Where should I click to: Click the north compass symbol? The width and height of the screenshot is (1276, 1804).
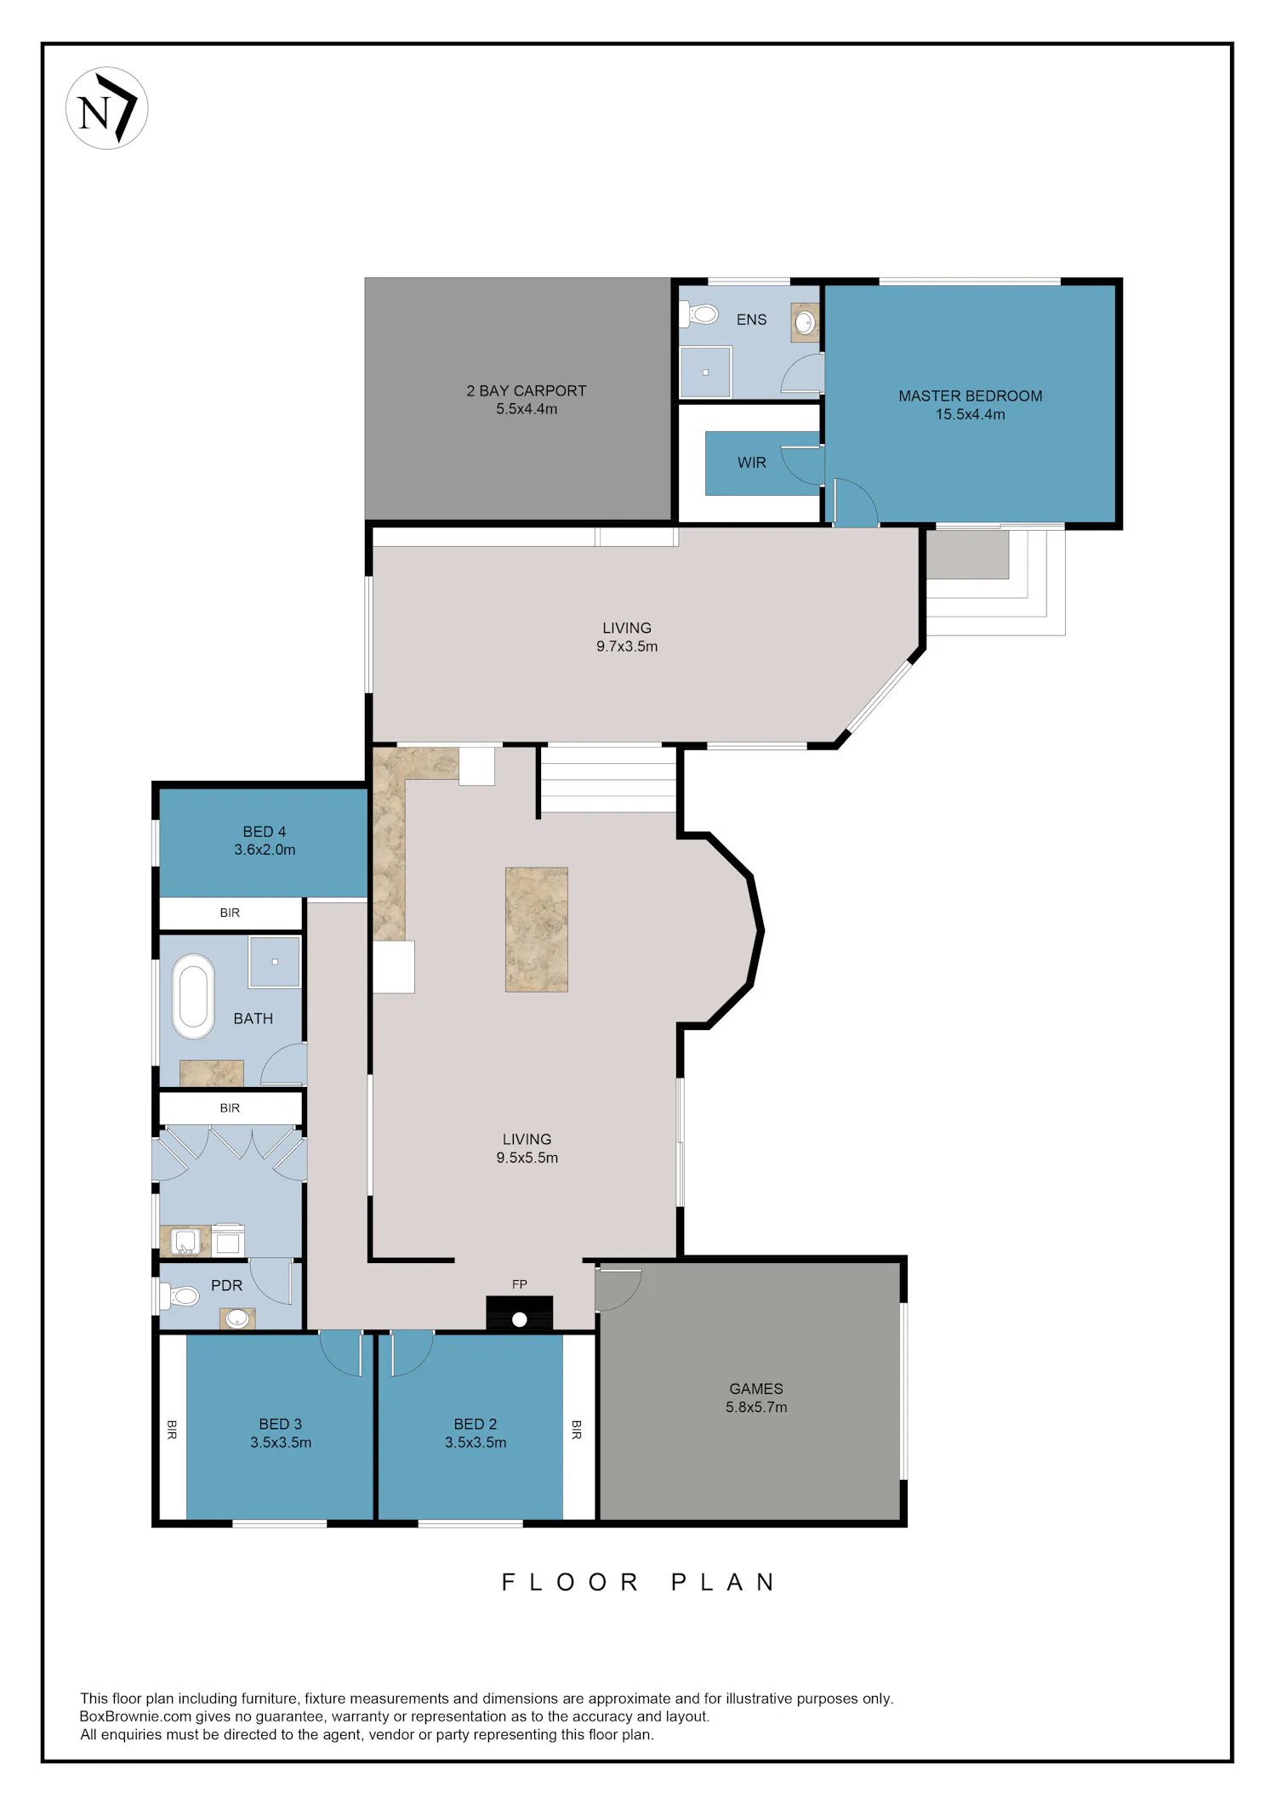coord(107,109)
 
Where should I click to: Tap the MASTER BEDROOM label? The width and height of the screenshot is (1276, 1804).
coord(971,396)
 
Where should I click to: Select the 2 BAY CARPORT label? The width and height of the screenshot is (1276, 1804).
coord(527,391)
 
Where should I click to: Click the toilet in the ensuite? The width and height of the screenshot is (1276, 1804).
coord(699,315)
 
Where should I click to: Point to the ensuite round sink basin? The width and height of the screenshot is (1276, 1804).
coord(805,322)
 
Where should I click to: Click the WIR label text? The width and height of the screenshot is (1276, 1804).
coord(752,463)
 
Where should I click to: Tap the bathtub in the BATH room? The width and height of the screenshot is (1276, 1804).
coord(194,997)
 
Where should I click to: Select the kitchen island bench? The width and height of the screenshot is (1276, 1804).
coord(537,930)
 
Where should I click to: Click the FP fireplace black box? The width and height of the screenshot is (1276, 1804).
coord(520,1313)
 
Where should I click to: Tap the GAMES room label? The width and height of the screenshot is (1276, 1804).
coord(756,1389)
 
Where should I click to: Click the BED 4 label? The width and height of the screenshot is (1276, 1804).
coord(265,832)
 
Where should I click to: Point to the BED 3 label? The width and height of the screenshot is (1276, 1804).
coord(281,1424)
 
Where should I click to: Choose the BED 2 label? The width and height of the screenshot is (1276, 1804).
coord(476,1424)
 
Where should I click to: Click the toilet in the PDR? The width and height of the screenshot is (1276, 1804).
coord(180,1296)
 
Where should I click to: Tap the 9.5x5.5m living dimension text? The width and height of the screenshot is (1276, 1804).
coord(527,1158)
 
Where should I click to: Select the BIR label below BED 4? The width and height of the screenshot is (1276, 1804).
coord(230,913)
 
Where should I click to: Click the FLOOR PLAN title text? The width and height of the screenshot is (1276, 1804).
coord(638,1582)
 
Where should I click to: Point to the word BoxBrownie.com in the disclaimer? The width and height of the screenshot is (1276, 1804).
coord(135,1716)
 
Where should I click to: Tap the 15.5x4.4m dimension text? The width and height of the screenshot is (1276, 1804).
coord(971,415)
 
